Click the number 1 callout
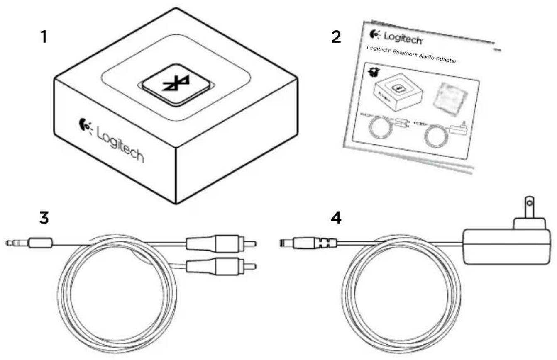pos(43,38)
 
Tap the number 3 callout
pos(44,218)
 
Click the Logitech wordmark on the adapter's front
pos(121,145)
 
